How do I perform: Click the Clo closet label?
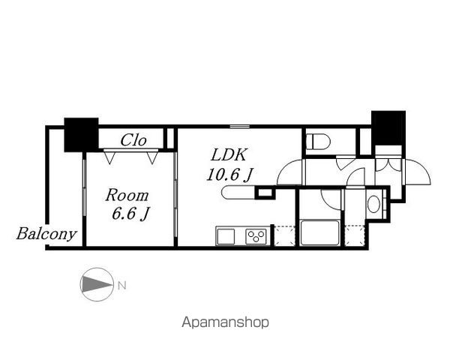pos(133,140)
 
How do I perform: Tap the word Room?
pos(127,196)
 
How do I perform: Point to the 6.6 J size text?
pos(130,214)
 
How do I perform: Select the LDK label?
pos(229,154)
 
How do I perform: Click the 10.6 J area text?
pos(229,174)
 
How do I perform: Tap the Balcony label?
pos(46,234)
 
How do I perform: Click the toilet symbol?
pos(318,142)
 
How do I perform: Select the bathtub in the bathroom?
pos(319,232)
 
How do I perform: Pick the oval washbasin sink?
pos(373,204)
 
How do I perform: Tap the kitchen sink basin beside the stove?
pos(226,237)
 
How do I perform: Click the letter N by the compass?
pos(122,286)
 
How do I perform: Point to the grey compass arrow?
pos(97,284)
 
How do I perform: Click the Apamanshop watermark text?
pos(225,322)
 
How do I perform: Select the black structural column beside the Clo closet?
pos(81,135)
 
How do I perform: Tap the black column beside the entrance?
pos(388,128)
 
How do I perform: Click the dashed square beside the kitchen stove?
pos(285,236)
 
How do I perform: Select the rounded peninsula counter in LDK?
pos(238,192)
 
